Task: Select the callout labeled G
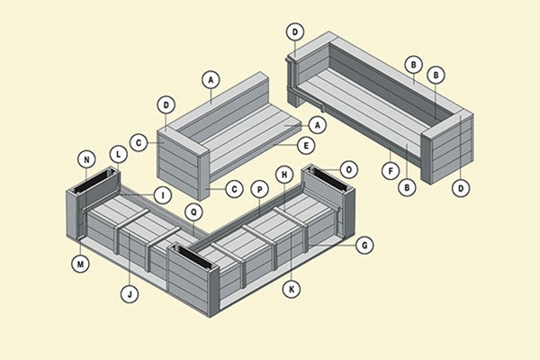(x=365, y=244)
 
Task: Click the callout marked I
(x=162, y=195)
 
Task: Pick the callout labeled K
(x=291, y=289)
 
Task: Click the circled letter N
(x=87, y=162)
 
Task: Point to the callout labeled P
(x=259, y=190)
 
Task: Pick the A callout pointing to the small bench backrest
(x=211, y=79)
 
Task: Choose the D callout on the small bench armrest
(x=166, y=105)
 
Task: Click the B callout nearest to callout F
(x=407, y=187)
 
